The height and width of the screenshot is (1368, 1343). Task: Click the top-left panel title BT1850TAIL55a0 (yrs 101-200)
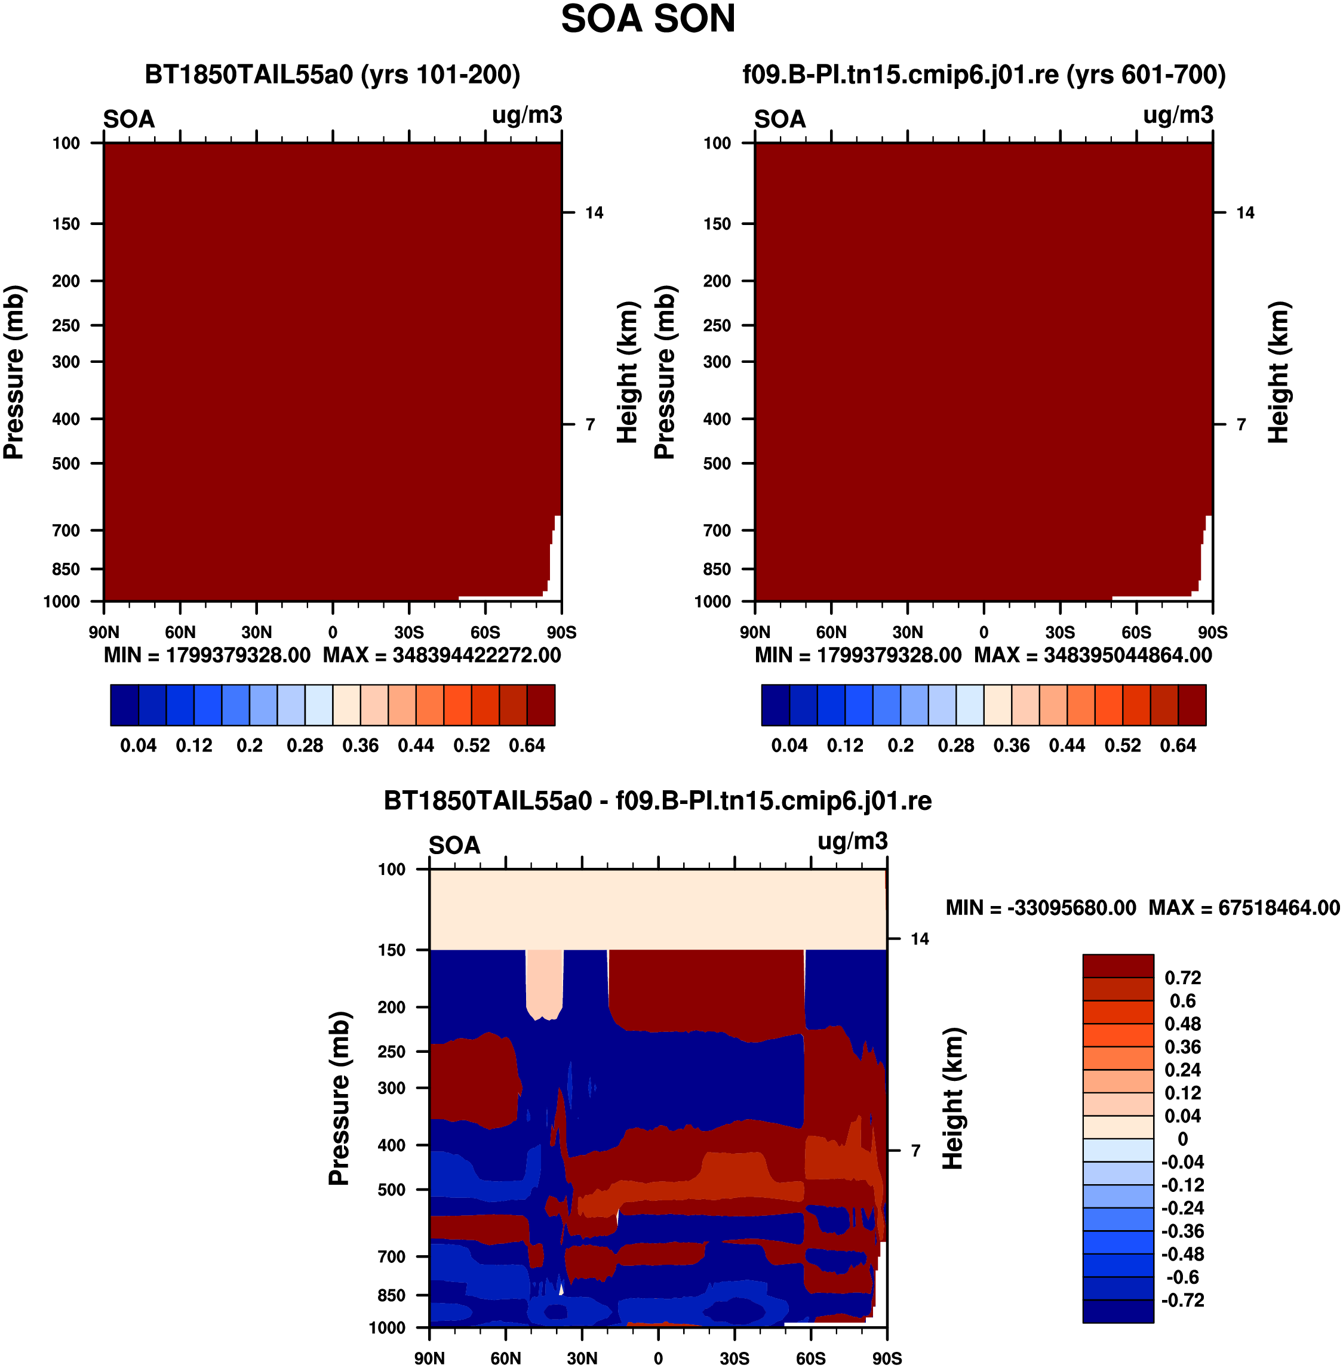[x=332, y=74]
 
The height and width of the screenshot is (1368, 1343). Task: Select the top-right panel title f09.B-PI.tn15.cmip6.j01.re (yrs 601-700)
[x=984, y=74]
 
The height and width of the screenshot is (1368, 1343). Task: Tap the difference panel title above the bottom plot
[x=657, y=800]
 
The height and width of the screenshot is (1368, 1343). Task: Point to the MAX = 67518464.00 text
[x=1244, y=908]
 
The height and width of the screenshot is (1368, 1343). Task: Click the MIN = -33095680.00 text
[x=1041, y=908]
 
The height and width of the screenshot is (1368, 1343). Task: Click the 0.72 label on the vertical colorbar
[x=1183, y=978]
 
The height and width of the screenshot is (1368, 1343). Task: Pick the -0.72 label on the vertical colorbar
[x=1183, y=1301]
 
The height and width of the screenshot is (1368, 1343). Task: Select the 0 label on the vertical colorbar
[x=1183, y=1139]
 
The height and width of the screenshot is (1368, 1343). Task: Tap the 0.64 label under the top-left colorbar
[x=527, y=745]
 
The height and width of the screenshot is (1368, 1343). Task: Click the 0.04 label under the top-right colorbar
[x=789, y=745]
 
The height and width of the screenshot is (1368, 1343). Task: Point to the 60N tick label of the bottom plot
[x=506, y=1358]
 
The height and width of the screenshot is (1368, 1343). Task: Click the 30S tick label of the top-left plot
[x=409, y=632]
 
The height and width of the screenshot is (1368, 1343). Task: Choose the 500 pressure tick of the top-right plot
[x=717, y=463]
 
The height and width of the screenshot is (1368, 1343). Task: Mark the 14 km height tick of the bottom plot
[x=920, y=939]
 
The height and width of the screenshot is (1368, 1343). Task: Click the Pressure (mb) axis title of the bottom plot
[x=339, y=1098]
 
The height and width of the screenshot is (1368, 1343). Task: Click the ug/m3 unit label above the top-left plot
[x=527, y=115]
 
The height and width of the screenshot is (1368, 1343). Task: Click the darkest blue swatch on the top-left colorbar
[x=124, y=704]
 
